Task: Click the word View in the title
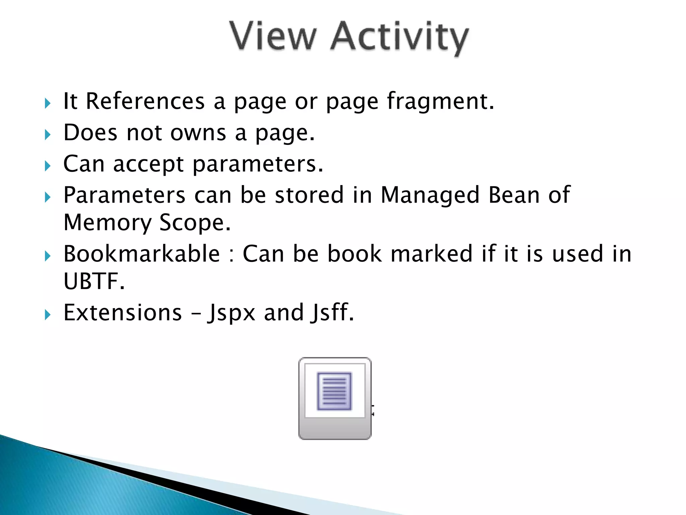click(273, 36)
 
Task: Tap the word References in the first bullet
click(145, 101)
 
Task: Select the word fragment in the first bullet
click(440, 102)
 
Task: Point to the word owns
click(198, 133)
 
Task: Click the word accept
click(148, 164)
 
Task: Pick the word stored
click(309, 195)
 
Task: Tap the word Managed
click(430, 195)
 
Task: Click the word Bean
click(513, 195)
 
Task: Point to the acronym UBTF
click(94, 281)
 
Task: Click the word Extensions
click(123, 312)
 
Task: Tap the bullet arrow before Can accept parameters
click(48, 166)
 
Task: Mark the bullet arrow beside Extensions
click(48, 314)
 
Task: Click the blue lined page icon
click(334, 391)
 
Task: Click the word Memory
click(108, 223)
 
